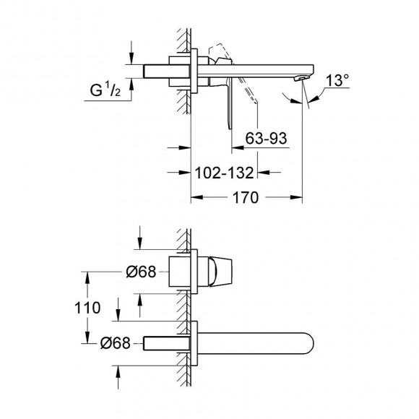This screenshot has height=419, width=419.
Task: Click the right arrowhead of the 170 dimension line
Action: pyautogui.click(x=296, y=198)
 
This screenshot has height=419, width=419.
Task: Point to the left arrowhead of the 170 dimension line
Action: pyautogui.click(x=194, y=198)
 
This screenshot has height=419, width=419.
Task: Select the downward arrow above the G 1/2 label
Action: pyautogui.click(x=131, y=54)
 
